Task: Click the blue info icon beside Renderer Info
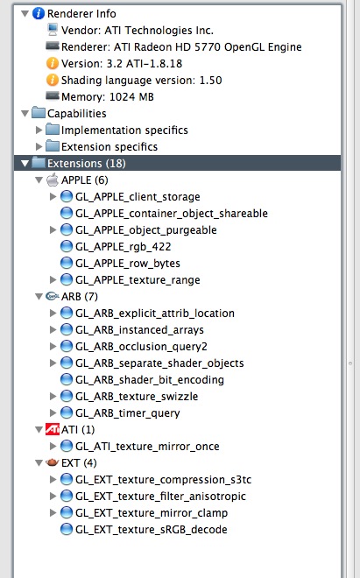point(39,14)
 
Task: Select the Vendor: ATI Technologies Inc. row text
point(138,31)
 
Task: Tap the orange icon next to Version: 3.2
point(53,63)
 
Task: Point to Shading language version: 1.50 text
point(141,80)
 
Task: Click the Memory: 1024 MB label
point(108,96)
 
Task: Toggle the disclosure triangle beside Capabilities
point(25,114)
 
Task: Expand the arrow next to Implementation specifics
point(39,130)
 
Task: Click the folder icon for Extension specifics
point(53,146)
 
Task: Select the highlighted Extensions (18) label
point(87,163)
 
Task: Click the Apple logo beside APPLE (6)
point(53,180)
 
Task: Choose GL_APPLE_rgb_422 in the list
point(124,247)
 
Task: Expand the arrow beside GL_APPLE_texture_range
point(53,279)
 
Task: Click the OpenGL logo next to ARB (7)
point(53,296)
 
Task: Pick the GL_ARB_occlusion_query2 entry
point(141,347)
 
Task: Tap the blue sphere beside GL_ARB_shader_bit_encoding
point(67,379)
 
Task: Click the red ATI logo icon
point(53,429)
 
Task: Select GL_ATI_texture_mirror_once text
point(147,447)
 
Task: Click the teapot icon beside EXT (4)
point(53,462)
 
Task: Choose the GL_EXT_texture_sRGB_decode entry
point(152,530)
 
